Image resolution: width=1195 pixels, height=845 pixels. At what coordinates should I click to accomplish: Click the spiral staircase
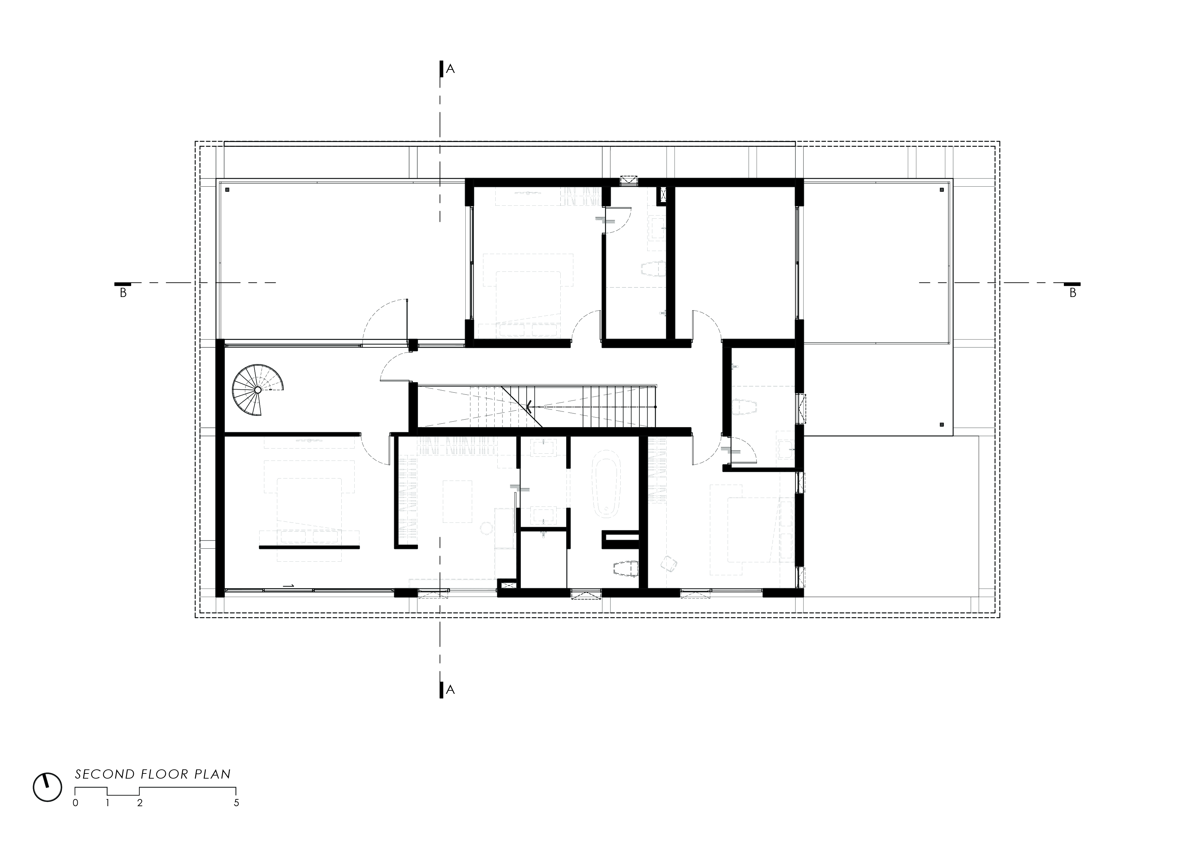point(258,390)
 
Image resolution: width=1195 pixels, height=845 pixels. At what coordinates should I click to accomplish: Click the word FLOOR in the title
point(164,774)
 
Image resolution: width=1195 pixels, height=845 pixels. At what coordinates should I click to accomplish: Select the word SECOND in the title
point(105,774)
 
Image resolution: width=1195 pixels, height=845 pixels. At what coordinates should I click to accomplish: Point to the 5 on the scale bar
point(236,803)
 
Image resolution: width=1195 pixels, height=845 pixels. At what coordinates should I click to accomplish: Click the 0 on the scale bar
point(76,803)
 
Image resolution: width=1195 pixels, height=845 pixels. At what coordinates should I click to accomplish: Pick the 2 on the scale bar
point(139,803)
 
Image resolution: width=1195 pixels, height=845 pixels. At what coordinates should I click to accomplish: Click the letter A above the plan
point(451,69)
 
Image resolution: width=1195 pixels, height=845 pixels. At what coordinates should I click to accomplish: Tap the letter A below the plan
point(451,690)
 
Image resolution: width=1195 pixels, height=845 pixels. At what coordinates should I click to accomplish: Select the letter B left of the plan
point(123,294)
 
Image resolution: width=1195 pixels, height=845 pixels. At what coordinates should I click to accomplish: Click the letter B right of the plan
point(1073,294)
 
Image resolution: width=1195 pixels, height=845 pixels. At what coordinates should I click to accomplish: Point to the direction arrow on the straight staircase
point(529,406)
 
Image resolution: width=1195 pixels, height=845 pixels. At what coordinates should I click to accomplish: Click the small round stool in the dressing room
point(486,529)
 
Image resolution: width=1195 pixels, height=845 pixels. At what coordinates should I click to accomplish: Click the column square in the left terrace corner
point(228,190)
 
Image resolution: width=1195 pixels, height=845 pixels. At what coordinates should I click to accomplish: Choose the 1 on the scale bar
point(108,803)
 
